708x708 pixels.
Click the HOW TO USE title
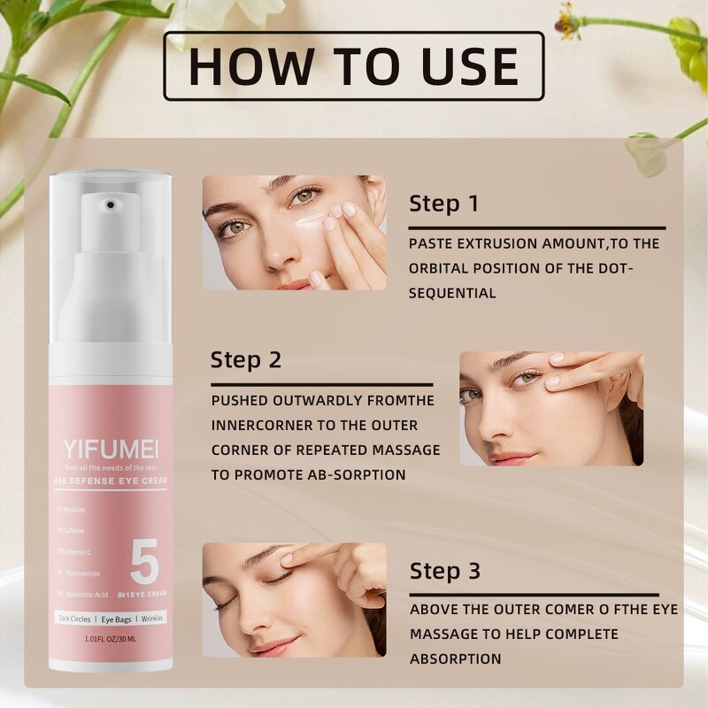(x=354, y=66)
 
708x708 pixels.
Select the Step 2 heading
(x=246, y=360)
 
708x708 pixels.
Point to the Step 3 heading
(x=444, y=572)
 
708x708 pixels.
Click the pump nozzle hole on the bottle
(x=109, y=205)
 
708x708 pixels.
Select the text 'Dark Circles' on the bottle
(x=75, y=617)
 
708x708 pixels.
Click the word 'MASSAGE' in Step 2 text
(x=399, y=450)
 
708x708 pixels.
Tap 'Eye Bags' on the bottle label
(x=111, y=617)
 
